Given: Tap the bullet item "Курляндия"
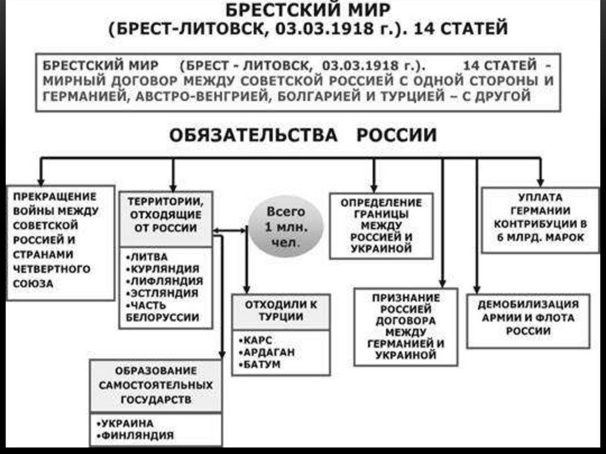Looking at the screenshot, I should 162,269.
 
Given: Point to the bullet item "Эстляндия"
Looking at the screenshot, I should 162,293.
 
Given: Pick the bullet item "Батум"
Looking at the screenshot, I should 261,364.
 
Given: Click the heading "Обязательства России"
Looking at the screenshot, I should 303,135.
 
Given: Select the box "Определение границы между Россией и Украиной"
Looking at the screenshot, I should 381,226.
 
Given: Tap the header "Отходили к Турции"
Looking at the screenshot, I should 281,311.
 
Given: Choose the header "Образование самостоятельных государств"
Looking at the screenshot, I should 156,385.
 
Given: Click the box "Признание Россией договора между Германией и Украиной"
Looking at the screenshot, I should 406,326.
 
